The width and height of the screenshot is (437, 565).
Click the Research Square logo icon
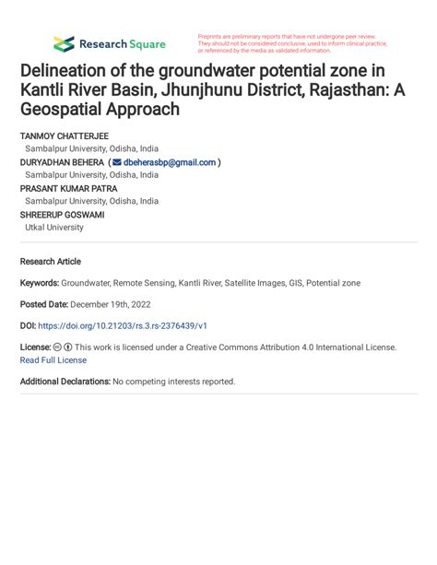click(x=64, y=43)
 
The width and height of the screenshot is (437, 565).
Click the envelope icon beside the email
click(x=116, y=162)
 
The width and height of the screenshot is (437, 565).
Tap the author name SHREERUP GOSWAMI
click(x=62, y=215)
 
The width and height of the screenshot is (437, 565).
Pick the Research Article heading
click(x=51, y=262)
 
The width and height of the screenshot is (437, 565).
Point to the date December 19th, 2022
click(x=111, y=304)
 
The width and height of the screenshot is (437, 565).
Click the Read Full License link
click(x=53, y=360)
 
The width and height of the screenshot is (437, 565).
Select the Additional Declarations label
click(x=65, y=382)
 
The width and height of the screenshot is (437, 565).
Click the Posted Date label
click(x=43, y=304)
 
